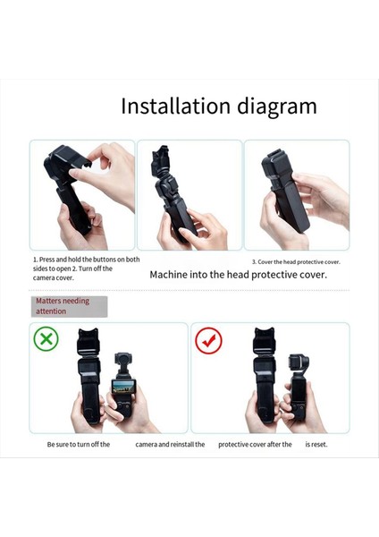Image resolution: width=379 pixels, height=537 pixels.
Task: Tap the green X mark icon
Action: click(46, 339)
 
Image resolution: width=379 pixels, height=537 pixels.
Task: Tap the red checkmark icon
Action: click(208, 340)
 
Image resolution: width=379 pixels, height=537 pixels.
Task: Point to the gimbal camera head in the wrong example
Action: click(124, 370)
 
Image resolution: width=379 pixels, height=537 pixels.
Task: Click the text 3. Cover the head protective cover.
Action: click(295, 261)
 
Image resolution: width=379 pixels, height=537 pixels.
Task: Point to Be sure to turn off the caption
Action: click(79, 444)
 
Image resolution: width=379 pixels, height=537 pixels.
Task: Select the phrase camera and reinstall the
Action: click(170, 444)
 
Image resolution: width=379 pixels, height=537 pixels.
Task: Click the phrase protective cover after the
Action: click(255, 444)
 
